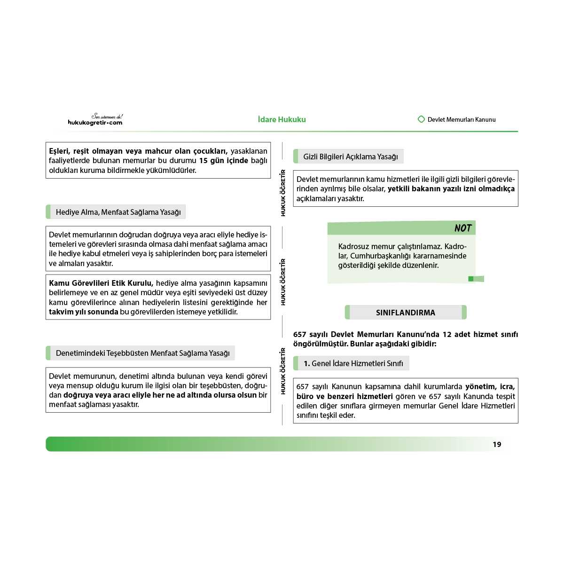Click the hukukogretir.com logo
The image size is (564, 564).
[95, 120]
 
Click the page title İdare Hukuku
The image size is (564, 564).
[282, 119]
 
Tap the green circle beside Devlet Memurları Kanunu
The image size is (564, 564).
[421, 119]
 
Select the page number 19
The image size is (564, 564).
[497, 444]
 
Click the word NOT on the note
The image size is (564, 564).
[462, 228]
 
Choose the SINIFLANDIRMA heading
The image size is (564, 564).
[405, 313]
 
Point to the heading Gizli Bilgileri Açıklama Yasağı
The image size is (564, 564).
[350, 157]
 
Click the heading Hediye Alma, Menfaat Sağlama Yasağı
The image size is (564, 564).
[118, 212]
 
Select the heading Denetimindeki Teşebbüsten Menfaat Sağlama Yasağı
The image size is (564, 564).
[142, 353]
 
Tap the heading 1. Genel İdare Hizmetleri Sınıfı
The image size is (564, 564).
[353, 363]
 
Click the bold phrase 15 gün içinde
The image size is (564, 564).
[223, 161]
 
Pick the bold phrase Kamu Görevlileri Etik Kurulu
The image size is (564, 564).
[101, 283]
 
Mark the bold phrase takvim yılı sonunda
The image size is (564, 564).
[83, 312]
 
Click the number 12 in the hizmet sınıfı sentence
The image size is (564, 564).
[446, 334]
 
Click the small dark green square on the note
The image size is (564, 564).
[470, 279]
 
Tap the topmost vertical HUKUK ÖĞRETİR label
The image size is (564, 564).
[283, 193]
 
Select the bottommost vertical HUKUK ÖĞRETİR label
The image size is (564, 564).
[283, 371]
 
